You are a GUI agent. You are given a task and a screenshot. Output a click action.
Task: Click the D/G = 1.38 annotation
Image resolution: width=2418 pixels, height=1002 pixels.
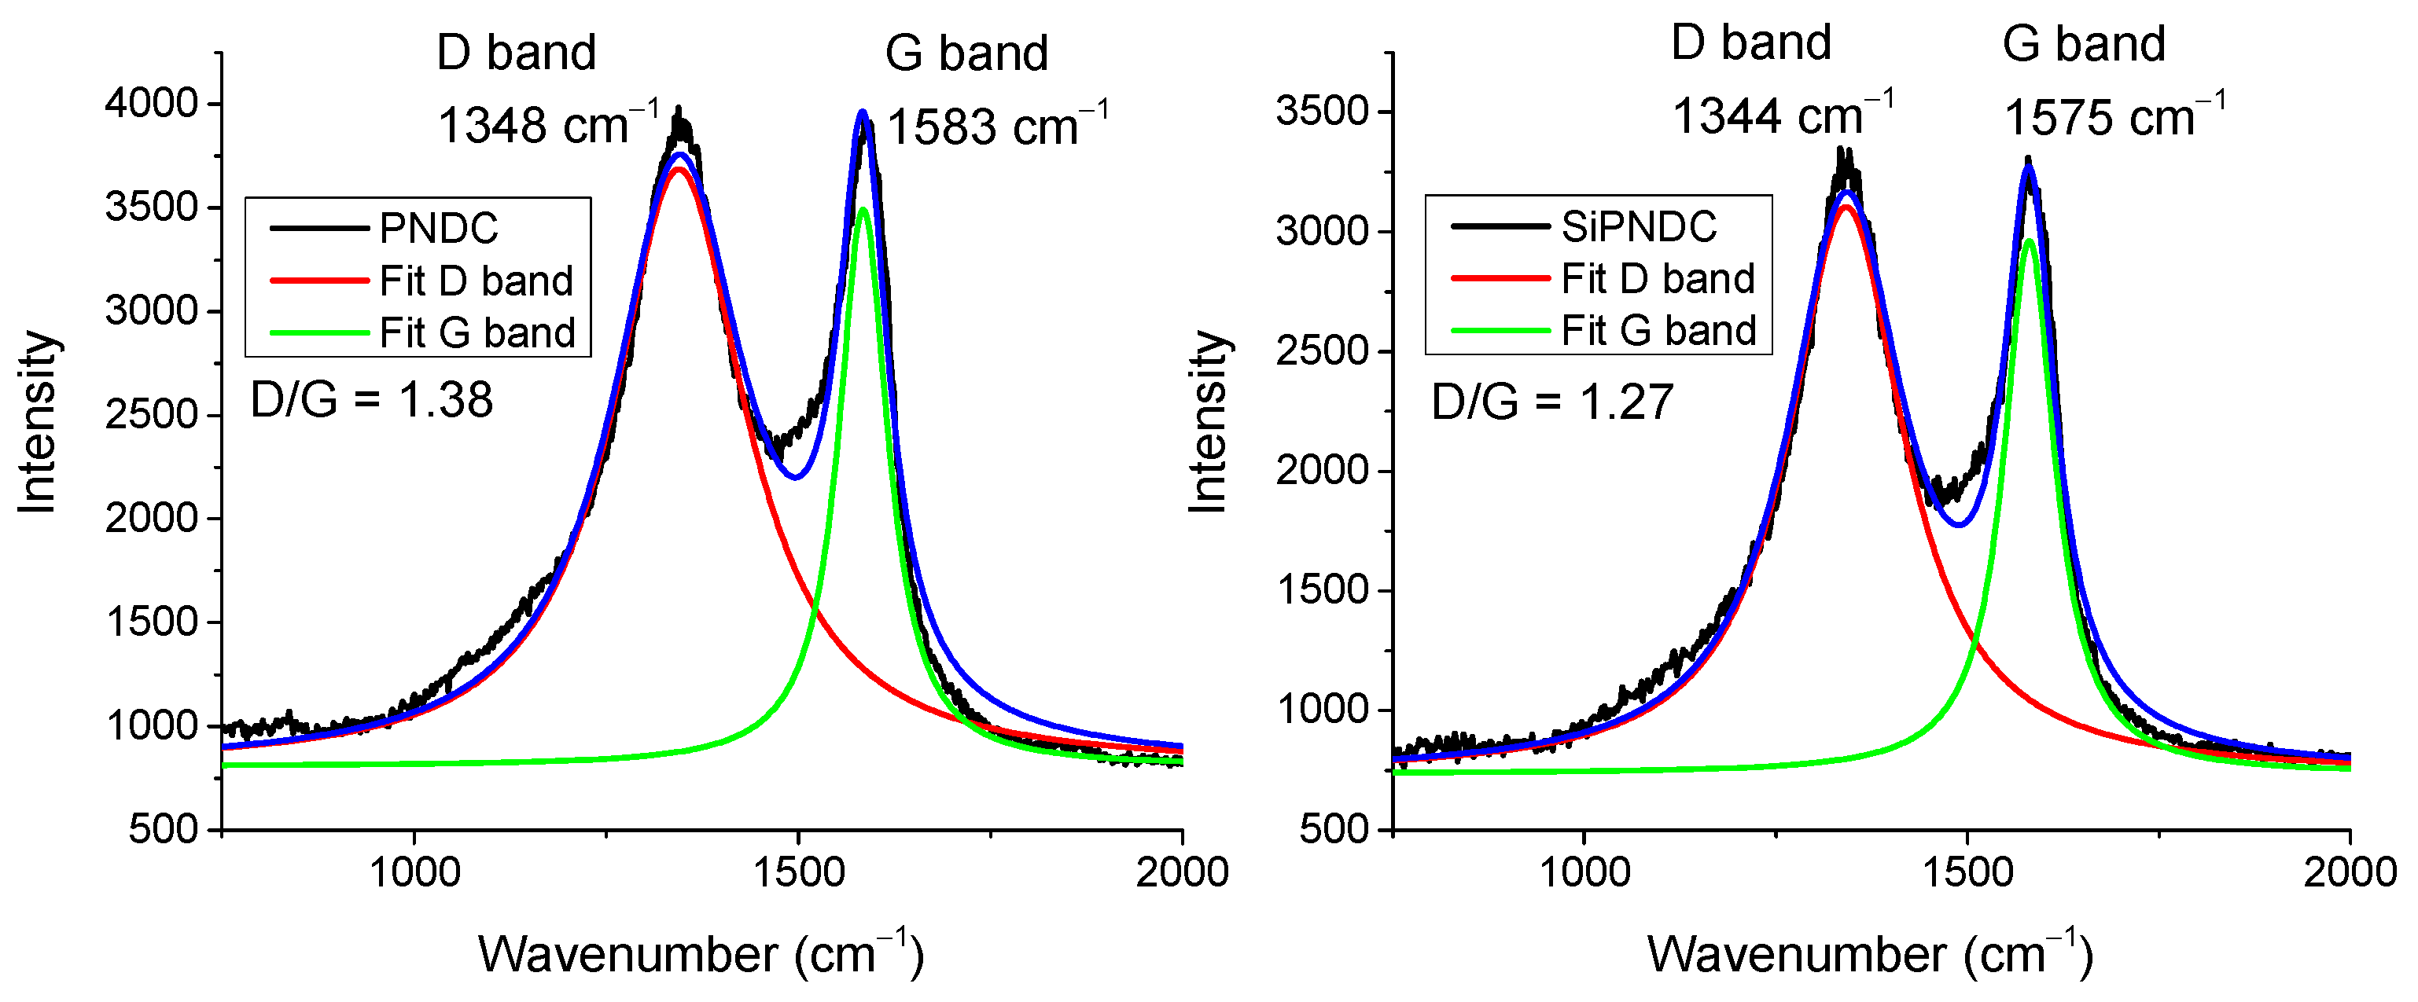tap(372, 401)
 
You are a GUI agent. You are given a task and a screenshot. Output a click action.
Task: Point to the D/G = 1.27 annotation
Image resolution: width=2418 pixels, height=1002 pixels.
tap(1551, 402)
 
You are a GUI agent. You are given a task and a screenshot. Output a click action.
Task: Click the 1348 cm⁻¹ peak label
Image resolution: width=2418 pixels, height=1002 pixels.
tap(548, 125)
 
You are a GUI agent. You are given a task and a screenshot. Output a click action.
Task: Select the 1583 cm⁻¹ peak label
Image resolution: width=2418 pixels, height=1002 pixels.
tap(997, 126)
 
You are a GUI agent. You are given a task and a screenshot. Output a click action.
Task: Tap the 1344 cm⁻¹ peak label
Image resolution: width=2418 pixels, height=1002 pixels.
tap(1783, 116)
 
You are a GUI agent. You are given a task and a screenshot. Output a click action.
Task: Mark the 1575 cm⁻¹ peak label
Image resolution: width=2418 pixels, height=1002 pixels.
tap(2114, 118)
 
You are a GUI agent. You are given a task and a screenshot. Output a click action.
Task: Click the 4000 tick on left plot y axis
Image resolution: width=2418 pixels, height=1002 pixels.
tap(151, 102)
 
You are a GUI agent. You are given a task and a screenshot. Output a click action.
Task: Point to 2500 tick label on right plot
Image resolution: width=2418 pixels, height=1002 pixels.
tap(1322, 351)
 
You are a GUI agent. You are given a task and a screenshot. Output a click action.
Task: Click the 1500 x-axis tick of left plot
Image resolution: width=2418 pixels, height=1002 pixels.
tap(798, 872)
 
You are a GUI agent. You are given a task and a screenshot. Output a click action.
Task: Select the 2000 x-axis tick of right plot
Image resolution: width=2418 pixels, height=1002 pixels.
tap(2349, 872)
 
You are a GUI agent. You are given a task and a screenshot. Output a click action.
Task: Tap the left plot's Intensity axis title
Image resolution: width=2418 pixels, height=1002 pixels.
tap(39, 422)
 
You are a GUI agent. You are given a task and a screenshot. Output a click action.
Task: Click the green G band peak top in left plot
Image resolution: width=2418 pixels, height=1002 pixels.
tap(863, 209)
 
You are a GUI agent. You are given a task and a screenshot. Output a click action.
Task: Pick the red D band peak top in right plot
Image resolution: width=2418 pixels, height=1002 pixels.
tap(1846, 207)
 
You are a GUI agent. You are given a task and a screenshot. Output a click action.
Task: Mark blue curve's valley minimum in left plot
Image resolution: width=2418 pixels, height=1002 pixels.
tap(795, 476)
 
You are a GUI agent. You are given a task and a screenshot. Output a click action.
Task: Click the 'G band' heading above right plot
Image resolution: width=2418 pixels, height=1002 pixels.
tap(2083, 43)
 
